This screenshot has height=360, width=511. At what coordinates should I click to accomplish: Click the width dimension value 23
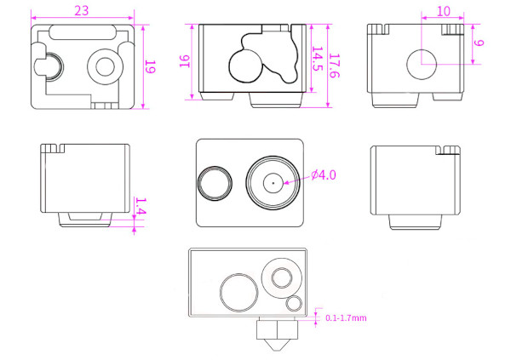click(x=82, y=11)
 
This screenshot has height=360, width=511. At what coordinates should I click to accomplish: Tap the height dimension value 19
click(x=150, y=66)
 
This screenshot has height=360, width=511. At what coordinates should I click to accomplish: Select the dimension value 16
click(x=185, y=61)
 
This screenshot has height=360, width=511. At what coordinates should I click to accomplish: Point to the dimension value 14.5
click(x=318, y=59)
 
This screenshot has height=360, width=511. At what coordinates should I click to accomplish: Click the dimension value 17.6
click(x=335, y=66)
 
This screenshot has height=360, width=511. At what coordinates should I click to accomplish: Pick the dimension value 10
click(x=443, y=11)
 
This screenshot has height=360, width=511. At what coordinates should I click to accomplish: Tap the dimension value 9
click(x=479, y=43)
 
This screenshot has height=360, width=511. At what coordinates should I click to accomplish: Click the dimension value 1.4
click(x=141, y=206)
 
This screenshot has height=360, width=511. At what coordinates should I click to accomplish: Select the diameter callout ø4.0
click(x=324, y=175)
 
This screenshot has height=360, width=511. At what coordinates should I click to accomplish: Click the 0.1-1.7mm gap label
click(x=346, y=318)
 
